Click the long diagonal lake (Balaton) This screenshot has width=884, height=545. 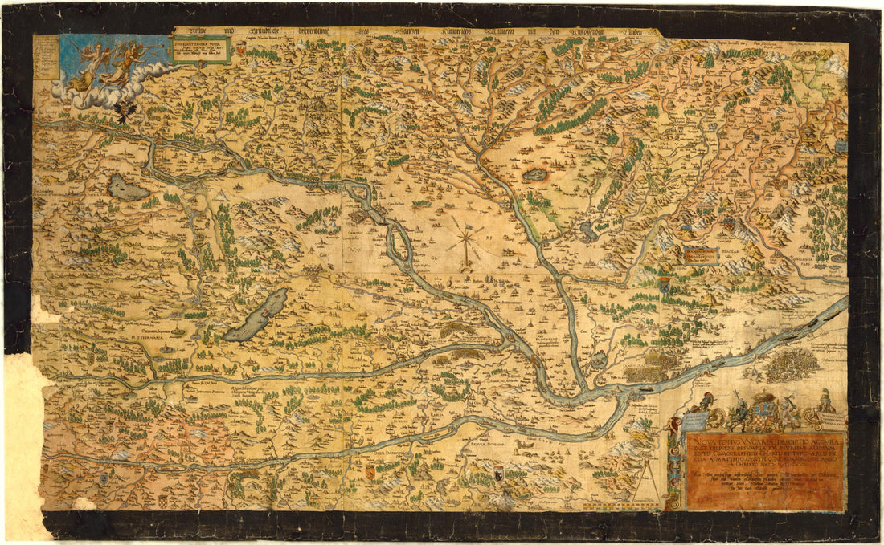click(x=256, y=315)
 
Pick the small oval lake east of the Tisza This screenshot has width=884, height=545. click(x=534, y=173)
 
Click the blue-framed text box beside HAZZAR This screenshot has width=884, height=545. click(x=701, y=255)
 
